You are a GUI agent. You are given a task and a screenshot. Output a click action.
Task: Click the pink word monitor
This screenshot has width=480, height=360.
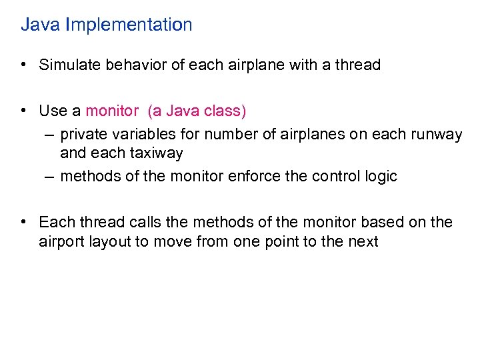[x=113, y=111]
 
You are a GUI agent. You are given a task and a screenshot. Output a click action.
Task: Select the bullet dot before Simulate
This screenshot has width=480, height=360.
[x=23, y=65]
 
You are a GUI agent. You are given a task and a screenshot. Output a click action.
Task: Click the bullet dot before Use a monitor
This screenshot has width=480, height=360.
[x=23, y=111]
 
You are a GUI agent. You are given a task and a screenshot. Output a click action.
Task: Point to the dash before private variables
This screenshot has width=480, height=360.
[x=51, y=135]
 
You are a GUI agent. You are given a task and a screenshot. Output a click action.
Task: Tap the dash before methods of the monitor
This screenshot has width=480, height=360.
[x=51, y=177]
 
